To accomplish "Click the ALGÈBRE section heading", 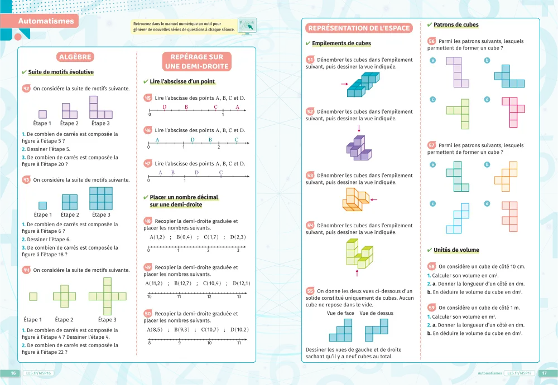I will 75,57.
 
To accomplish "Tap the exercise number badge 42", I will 26,88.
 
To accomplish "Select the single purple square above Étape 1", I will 42,114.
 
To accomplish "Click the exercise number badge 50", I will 148,313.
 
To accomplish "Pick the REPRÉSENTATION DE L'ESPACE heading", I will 359,28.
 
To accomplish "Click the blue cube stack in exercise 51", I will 363,84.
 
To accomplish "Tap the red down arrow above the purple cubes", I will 359,129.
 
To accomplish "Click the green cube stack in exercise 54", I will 358,253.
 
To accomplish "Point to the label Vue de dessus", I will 377,313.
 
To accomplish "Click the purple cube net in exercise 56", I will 457,72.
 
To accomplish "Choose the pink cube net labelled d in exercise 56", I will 513,111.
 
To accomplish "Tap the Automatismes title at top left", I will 46,21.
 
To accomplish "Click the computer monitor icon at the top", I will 246,25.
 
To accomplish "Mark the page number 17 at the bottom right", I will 545,373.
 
